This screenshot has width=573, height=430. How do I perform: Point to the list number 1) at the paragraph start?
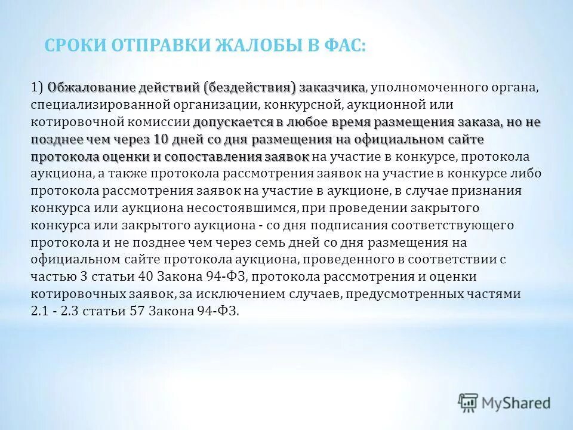(x=37, y=88)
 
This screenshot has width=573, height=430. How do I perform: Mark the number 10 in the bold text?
(x=161, y=140)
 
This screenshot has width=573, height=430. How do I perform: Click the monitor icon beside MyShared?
(x=469, y=402)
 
